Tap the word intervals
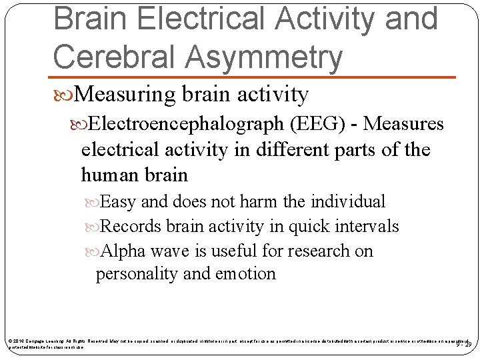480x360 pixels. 365,226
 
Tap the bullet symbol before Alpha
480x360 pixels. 99,251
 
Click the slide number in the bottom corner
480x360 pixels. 463,344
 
